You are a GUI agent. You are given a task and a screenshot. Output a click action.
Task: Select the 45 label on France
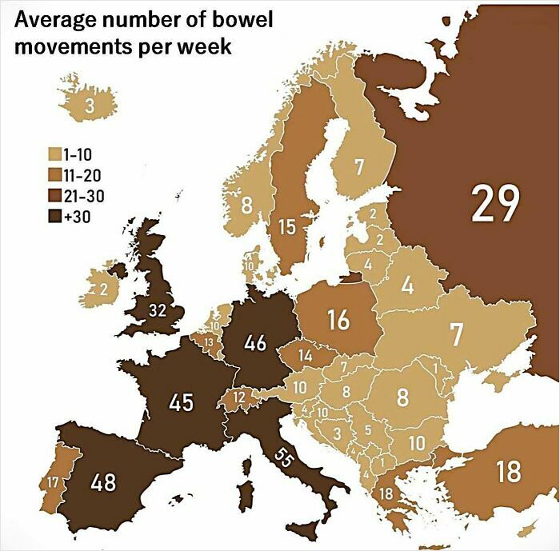[x=181, y=401]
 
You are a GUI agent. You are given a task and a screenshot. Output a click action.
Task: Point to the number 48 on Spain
[x=103, y=483]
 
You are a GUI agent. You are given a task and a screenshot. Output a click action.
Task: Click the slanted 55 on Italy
[x=284, y=457]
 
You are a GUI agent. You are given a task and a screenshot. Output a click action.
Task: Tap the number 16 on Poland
[x=338, y=319]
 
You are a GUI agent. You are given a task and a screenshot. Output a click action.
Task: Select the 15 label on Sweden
[x=287, y=227]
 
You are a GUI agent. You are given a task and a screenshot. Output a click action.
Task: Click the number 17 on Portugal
[x=52, y=482]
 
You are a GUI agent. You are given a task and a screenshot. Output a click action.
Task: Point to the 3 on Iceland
[x=90, y=106]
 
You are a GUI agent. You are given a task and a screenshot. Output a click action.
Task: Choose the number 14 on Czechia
[x=306, y=354]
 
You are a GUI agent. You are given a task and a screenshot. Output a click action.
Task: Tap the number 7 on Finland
[x=359, y=168]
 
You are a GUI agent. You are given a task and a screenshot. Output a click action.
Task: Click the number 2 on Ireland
[x=102, y=291]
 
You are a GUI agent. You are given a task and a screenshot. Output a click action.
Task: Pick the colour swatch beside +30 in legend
[x=56, y=215]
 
